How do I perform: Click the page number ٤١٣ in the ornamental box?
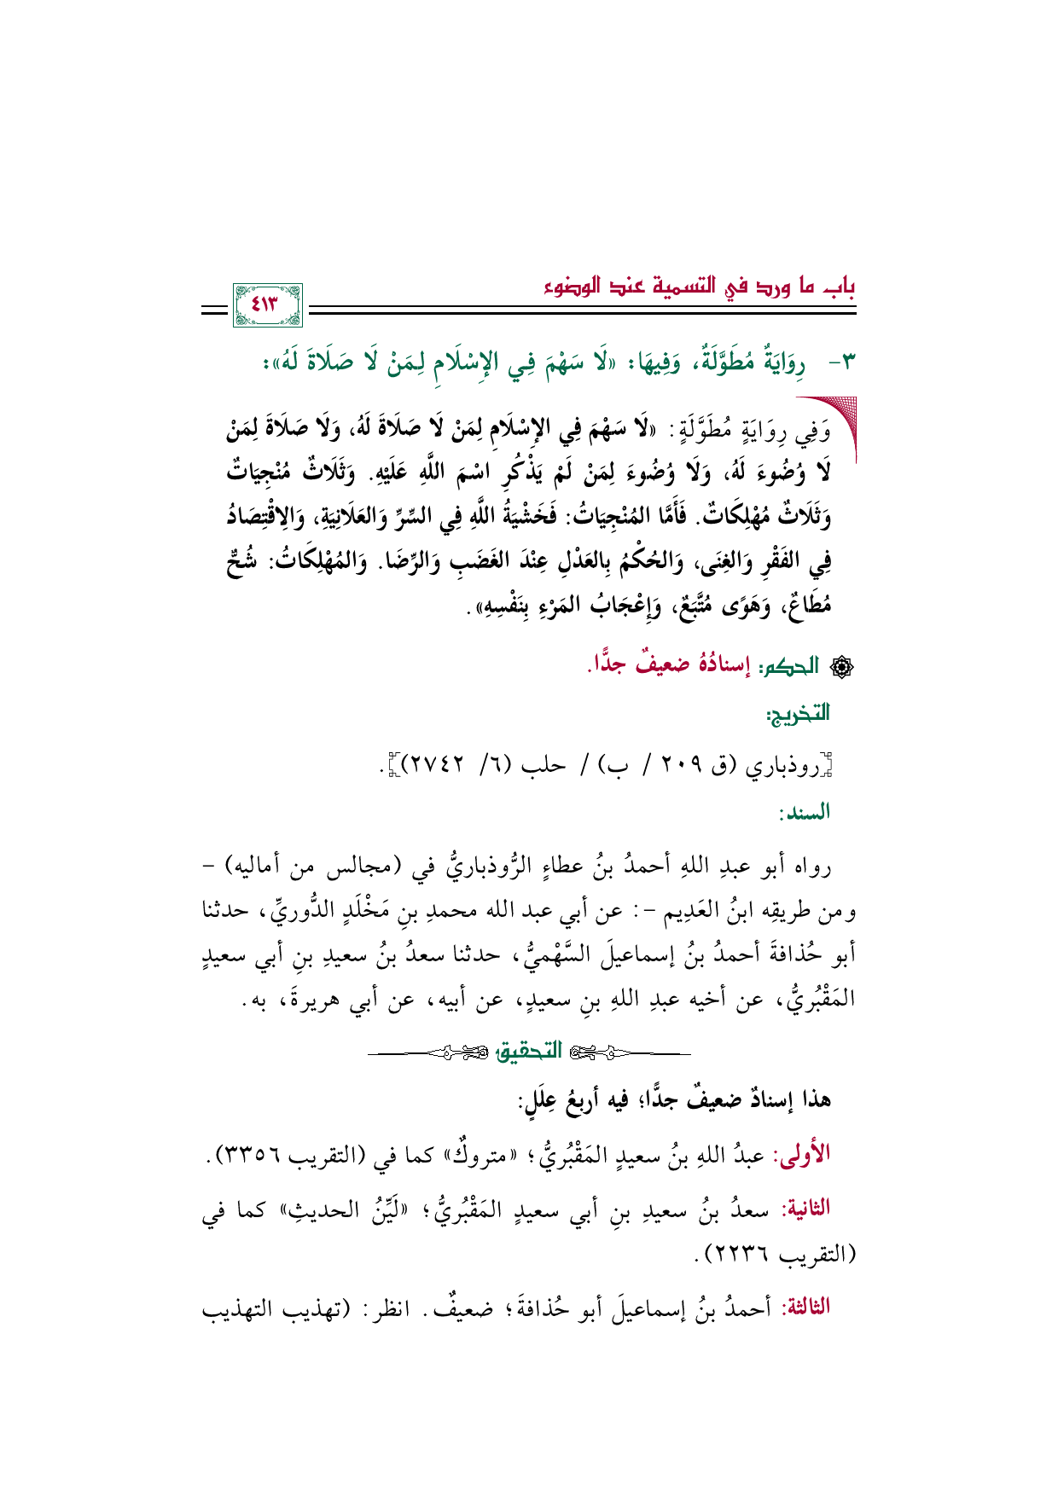coord(266,304)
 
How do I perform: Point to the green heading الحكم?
coord(794,665)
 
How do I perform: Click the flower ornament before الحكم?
coord(839,666)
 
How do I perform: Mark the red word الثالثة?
coord(805,1308)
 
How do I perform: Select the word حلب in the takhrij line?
coord(545,764)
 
